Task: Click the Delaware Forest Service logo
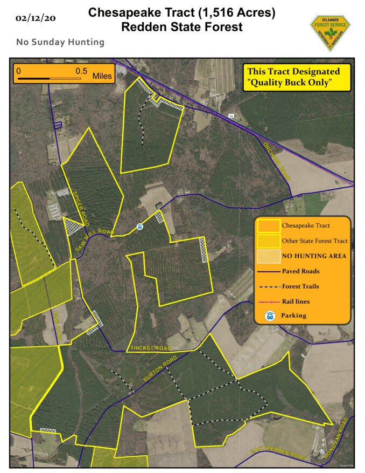(329, 32)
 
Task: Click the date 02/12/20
(36, 18)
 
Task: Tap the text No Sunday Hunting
(60, 42)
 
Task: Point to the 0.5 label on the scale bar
(81, 71)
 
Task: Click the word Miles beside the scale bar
(102, 76)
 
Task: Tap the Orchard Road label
(277, 156)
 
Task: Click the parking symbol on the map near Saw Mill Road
(139, 227)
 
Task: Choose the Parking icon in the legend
(269, 316)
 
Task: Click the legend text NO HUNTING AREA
(314, 256)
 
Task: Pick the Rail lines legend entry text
(296, 301)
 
